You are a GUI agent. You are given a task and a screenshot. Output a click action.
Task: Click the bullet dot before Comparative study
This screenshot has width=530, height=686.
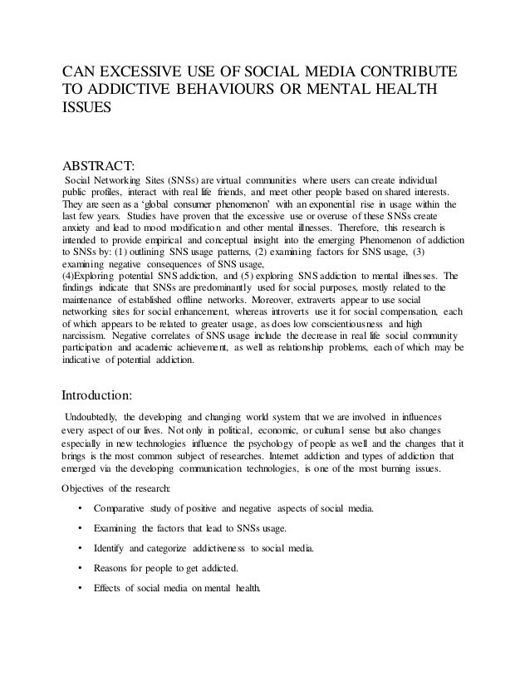(78, 508)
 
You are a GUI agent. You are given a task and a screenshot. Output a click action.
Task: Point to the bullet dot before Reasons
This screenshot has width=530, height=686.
(78, 571)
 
